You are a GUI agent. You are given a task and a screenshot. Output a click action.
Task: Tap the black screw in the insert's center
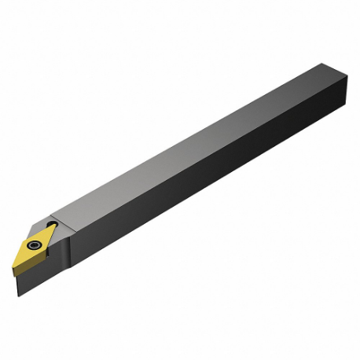point(33,244)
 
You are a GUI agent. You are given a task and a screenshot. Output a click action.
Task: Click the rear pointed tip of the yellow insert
point(56,226)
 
